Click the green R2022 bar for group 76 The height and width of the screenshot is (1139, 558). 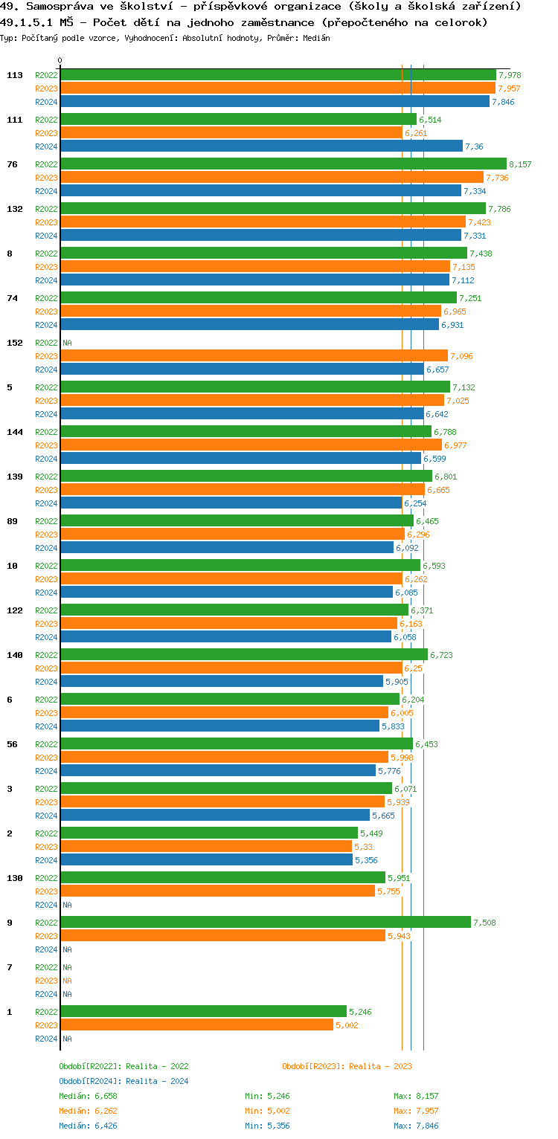click(283, 164)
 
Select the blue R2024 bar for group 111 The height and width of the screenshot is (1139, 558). click(261, 146)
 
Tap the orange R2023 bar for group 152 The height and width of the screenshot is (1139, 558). click(254, 356)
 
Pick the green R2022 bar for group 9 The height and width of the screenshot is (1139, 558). click(266, 923)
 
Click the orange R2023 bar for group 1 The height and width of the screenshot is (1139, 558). click(196, 1025)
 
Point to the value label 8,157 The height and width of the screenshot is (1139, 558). click(520, 164)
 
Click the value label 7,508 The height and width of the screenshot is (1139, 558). click(484, 923)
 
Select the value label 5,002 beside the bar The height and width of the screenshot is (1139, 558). click(347, 1025)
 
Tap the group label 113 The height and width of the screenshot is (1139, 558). click(15, 75)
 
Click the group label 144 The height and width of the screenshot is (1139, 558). click(15, 432)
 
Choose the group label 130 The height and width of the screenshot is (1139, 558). click(15, 878)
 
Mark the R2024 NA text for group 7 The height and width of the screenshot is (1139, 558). click(67, 994)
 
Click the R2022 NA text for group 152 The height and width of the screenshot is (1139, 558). click(67, 343)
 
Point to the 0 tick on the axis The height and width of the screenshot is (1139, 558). click(60, 61)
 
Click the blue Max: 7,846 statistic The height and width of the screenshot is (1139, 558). click(416, 1126)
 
